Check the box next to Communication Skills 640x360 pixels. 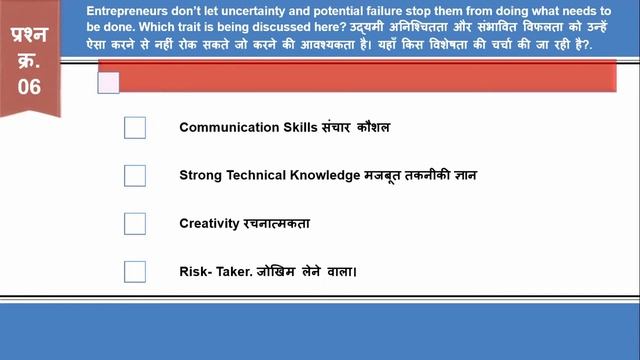click(x=135, y=128)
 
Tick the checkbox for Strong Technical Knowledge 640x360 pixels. click(x=135, y=176)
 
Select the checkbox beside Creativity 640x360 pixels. click(x=135, y=223)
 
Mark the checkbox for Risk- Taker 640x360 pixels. click(x=135, y=271)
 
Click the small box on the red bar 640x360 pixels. click(x=108, y=83)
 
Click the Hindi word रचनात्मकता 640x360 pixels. click(x=275, y=223)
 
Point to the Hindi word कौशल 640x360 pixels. click(x=370, y=128)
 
